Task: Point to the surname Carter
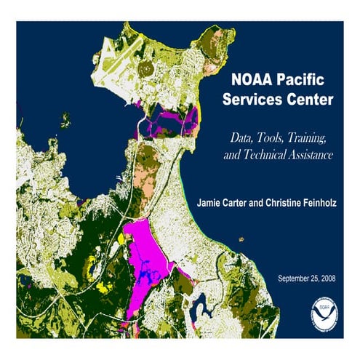(x=246, y=200)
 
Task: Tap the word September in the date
(x=297, y=279)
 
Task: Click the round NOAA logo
(x=322, y=311)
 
